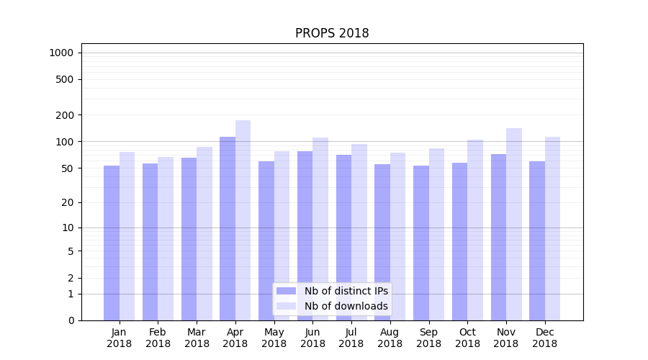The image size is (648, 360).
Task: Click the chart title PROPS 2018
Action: coord(332,34)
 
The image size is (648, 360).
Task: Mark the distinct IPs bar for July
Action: coord(343,238)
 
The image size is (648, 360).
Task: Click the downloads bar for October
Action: coord(475,230)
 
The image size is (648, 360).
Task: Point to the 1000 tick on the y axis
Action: coord(61,53)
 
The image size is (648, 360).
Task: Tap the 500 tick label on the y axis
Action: coord(66,79)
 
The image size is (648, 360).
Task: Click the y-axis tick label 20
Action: coord(68,202)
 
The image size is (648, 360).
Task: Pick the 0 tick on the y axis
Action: coord(71,320)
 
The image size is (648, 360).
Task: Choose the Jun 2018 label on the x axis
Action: coord(312,338)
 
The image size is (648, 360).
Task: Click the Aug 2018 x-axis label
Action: coord(390,338)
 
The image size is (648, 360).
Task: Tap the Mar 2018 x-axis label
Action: coord(197,338)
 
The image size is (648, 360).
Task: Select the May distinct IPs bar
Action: coord(266,240)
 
